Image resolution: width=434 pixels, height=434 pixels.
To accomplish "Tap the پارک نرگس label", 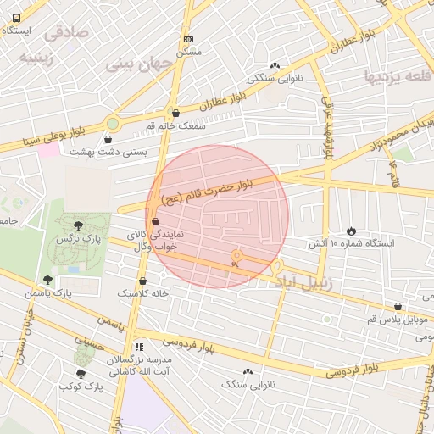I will (x=77, y=241).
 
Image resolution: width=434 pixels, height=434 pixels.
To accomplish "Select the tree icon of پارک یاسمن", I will (x=47, y=279).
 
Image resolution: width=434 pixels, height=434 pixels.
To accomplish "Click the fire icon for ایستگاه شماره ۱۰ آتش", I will (x=351, y=231).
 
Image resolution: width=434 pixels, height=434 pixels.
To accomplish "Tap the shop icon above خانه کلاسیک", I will (x=142, y=281).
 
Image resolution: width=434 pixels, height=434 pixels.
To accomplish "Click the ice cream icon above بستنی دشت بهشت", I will (x=112, y=139).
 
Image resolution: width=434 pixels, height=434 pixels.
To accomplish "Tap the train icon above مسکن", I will (x=187, y=39).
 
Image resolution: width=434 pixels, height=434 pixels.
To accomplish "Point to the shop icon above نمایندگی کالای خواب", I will (x=154, y=223).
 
